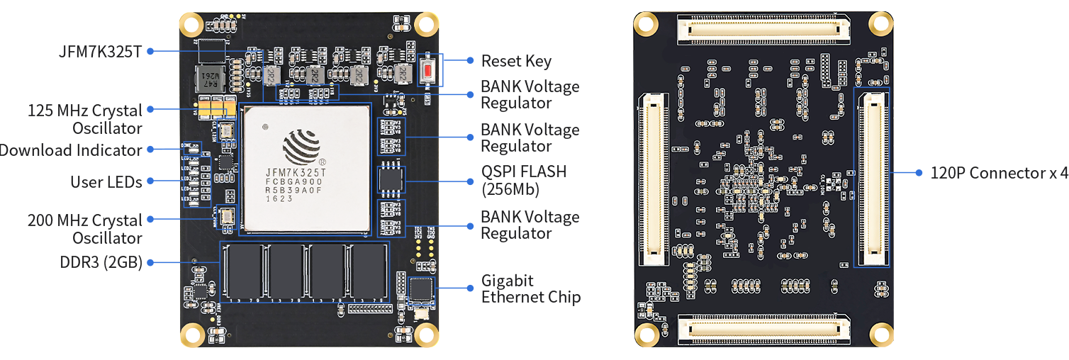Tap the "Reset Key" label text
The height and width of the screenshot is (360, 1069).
click(x=515, y=62)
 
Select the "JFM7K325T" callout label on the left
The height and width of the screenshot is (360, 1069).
click(x=101, y=51)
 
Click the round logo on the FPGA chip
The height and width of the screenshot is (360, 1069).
click(x=301, y=145)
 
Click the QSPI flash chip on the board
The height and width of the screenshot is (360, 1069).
click(x=391, y=179)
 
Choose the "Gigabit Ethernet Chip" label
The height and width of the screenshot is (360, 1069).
click(x=530, y=288)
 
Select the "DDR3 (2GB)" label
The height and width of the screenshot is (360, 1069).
click(x=101, y=262)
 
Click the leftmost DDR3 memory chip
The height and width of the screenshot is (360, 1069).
click(x=245, y=271)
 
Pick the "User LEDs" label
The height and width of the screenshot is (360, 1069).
click(x=106, y=182)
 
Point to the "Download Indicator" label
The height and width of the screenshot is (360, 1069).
click(x=71, y=150)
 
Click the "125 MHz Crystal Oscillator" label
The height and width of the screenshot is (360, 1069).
click(x=85, y=119)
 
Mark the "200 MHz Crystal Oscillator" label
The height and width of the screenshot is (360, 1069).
click(x=85, y=229)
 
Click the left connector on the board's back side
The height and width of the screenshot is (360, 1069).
click(x=653, y=179)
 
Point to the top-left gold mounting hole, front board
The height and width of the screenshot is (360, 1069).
click(x=191, y=26)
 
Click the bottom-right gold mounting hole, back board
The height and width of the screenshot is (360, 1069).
click(x=880, y=333)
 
